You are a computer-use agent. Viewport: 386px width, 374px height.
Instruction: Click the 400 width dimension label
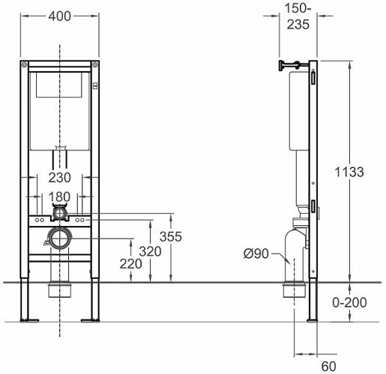coord(60,16)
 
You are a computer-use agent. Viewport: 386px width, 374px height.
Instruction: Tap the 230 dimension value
coord(60,178)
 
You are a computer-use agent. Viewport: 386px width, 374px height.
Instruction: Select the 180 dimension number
coord(59,197)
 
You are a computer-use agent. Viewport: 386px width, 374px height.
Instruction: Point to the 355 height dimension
coord(171,236)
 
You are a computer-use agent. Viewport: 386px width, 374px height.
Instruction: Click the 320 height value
coord(150,251)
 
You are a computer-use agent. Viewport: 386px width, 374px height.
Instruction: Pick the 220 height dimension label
coord(130,264)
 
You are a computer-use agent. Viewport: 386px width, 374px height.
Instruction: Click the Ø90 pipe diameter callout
coord(256,254)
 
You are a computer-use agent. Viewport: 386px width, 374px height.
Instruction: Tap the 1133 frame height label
coord(349,172)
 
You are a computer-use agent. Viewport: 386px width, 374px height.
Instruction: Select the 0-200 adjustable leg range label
coord(349,302)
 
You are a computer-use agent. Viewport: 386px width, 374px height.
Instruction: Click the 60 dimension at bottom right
coord(329,367)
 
